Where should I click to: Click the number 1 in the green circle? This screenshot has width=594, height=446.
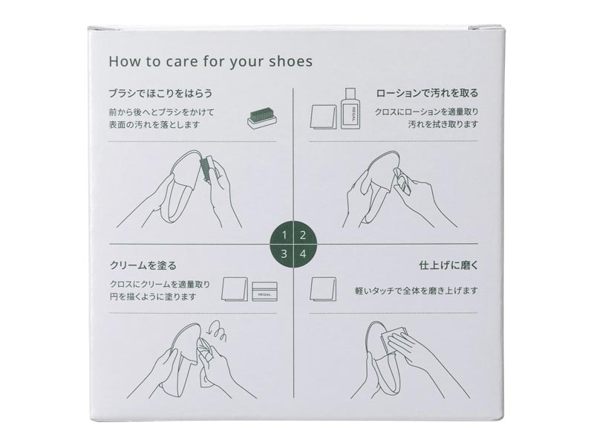click(284, 236)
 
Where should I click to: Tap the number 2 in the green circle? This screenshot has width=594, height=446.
click(303, 236)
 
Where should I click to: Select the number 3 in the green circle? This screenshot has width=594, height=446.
click(284, 253)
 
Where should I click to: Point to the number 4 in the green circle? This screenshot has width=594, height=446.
click(303, 253)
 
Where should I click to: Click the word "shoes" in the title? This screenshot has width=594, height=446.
click(291, 62)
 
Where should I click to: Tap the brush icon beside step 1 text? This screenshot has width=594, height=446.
click(262, 118)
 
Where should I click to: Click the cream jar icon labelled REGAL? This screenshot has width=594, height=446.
click(265, 291)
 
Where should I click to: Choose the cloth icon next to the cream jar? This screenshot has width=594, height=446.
click(235, 289)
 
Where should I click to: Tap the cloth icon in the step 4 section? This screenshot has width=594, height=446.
click(323, 289)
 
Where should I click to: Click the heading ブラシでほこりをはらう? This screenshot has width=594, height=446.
click(160, 94)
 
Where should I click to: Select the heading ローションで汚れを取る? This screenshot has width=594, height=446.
click(428, 94)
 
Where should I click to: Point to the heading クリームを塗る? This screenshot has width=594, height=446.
click(143, 265)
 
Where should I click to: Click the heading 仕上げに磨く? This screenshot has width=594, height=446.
click(449, 265)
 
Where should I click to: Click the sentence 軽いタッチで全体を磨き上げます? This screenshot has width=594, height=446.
click(417, 291)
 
